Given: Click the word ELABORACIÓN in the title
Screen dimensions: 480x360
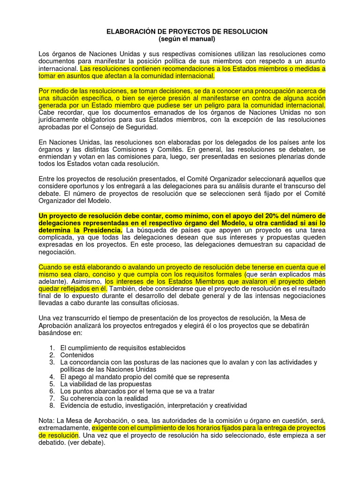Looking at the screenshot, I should coord(131,31).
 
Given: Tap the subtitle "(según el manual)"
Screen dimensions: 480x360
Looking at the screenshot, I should coord(180,39).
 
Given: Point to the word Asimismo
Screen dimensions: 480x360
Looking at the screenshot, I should coord(88,282).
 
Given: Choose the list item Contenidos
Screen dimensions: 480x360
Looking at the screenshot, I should coord(77,355).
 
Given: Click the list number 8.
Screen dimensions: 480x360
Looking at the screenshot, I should coord(52,405).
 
